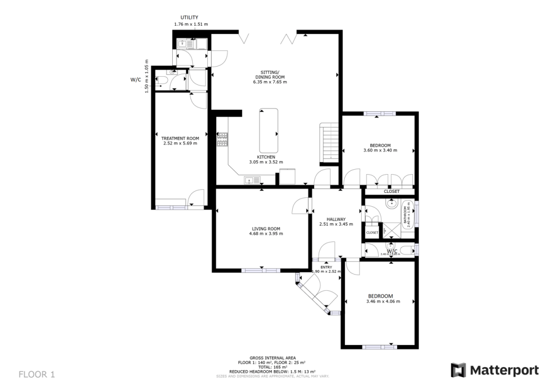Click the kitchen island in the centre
click(x=269, y=131)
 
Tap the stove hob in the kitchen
click(x=222, y=140)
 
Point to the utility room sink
click(x=183, y=44)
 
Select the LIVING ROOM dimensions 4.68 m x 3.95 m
click(x=266, y=234)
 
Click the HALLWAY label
click(x=336, y=219)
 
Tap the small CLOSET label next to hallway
click(x=372, y=233)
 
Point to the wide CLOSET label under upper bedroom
click(x=391, y=192)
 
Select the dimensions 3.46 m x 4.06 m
click(x=380, y=302)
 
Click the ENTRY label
click(x=326, y=266)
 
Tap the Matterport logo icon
click(x=458, y=370)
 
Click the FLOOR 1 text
click(x=37, y=373)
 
